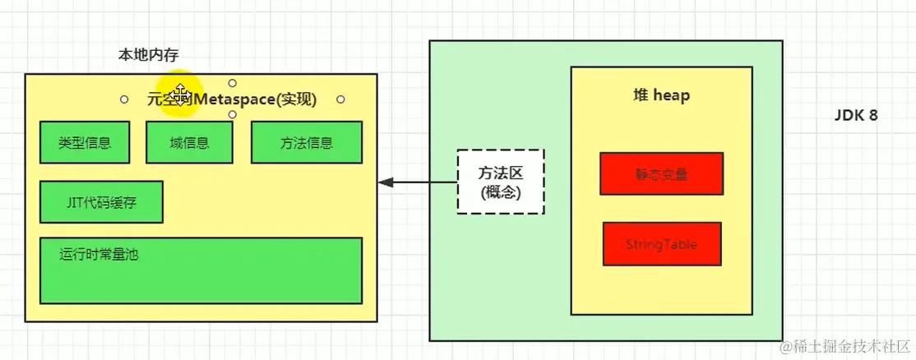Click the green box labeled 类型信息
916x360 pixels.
[x=85, y=142]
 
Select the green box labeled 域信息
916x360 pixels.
[x=189, y=142]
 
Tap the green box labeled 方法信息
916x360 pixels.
[x=306, y=142]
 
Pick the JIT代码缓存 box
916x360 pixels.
[x=101, y=202]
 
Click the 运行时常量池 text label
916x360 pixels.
[x=99, y=254]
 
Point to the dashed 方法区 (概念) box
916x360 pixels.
[x=500, y=182]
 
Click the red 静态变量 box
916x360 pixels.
[x=661, y=173]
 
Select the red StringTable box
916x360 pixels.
[x=661, y=244]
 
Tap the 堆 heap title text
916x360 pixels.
[x=655, y=95]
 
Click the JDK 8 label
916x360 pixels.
[x=856, y=116]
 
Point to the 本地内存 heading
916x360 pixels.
[x=149, y=55]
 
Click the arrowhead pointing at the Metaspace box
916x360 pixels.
[x=384, y=182]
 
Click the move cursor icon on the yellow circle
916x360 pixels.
[x=180, y=91]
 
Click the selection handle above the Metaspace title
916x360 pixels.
[x=233, y=83]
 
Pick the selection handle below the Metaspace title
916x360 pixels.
[x=233, y=115]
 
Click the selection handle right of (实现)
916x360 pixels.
[x=340, y=99]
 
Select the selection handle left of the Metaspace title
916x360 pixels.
[x=124, y=99]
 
